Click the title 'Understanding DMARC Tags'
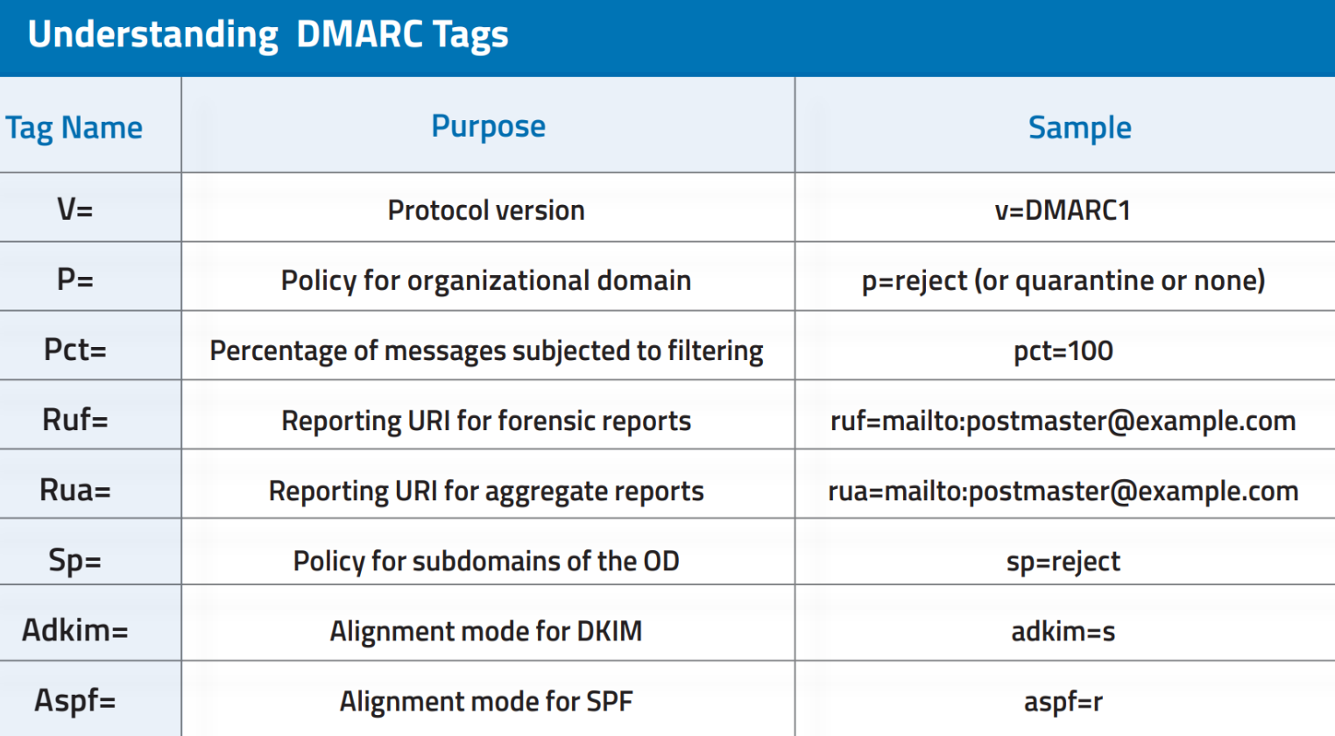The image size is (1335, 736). click(268, 35)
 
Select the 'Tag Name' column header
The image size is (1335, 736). click(74, 128)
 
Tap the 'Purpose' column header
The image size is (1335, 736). click(488, 126)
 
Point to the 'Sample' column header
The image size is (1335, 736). click(1079, 128)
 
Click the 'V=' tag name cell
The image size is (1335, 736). click(74, 209)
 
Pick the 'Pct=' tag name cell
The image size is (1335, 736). click(75, 350)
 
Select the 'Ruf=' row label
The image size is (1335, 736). click(75, 420)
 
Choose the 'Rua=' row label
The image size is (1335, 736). click(75, 490)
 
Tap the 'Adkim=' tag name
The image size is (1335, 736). click(75, 630)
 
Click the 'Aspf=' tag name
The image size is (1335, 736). click(75, 700)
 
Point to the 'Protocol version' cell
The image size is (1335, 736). click(486, 210)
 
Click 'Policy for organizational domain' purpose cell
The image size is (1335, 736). click(486, 280)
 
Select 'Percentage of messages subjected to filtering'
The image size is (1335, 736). click(486, 350)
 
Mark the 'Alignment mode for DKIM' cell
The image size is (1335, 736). click(486, 631)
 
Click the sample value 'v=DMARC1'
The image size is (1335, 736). click(1063, 210)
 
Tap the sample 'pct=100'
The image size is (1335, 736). click(1063, 350)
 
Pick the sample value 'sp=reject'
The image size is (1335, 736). click(1063, 561)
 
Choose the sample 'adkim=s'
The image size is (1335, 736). click(1063, 631)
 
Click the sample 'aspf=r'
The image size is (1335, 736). click(1063, 701)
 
